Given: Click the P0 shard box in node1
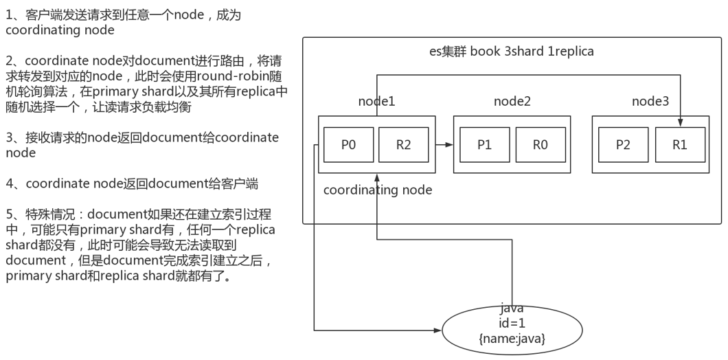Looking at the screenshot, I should (348, 145).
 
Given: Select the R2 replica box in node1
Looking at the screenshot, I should (403, 145).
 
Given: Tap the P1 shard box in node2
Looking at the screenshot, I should (484, 145).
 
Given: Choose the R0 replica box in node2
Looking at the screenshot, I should (541, 145).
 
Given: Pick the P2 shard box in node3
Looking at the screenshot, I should (623, 145).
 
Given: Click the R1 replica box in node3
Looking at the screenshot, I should (679, 145).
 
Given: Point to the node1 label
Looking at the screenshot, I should (376, 102).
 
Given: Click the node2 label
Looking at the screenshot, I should (512, 102).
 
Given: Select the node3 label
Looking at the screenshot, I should (650, 102).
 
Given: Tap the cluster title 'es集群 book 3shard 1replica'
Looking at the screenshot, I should (511, 52).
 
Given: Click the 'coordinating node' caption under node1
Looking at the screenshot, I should (378, 190).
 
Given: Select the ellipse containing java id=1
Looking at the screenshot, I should (512, 330).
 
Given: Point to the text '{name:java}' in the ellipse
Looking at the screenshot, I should (512, 338).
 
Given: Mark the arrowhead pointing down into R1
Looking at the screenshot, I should (679, 123).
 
